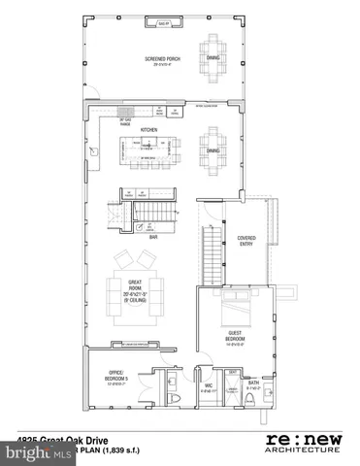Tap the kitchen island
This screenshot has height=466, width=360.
point(152,150)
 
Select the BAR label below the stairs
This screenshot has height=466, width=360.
point(153,235)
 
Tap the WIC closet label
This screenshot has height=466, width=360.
point(206,385)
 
